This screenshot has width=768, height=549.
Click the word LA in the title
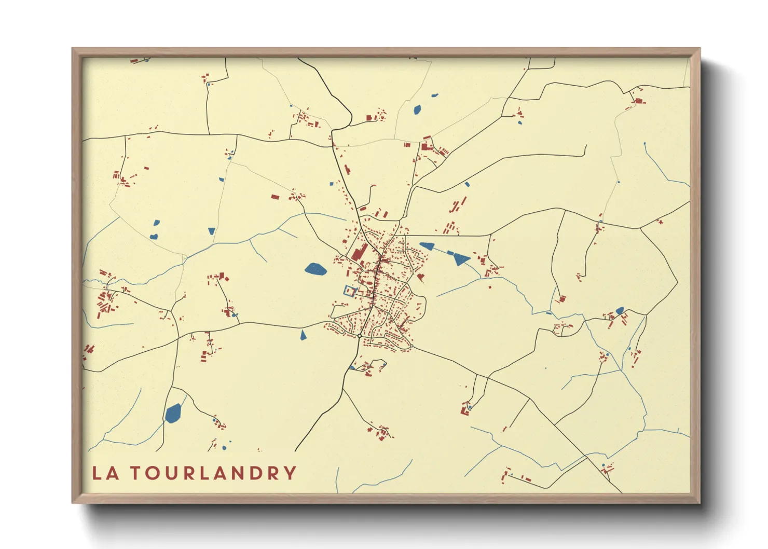(x=105, y=473)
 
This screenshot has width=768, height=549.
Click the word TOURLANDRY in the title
(x=213, y=473)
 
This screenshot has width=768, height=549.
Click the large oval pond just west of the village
(x=315, y=269)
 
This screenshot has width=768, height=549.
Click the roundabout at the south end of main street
(x=359, y=336)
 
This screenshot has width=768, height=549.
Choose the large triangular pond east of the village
(x=459, y=258)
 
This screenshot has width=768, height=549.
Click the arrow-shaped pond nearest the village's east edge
(x=427, y=245)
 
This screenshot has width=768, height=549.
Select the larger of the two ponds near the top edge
(x=417, y=109)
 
